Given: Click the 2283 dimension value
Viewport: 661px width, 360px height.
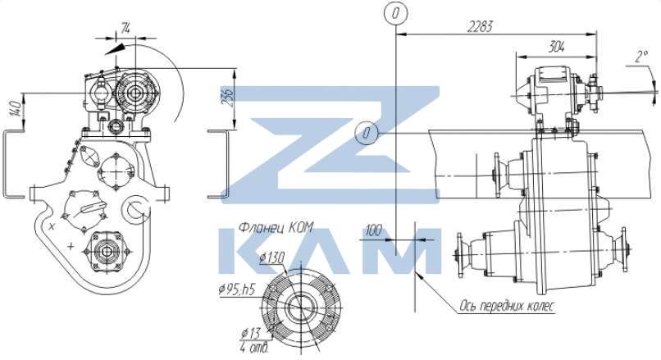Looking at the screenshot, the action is (x=480, y=27).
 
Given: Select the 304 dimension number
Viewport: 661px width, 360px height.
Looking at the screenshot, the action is (x=557, y=47).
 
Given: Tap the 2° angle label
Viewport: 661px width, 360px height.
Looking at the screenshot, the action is (x=641, y=56).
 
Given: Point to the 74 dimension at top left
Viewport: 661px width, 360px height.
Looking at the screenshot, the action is (x=125, y=29).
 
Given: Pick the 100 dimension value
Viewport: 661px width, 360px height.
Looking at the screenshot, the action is (x=373, y=230).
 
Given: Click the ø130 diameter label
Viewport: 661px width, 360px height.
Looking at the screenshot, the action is (x=272, y=257).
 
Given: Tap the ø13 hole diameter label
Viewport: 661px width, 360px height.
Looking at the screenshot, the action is (x=251, y=333).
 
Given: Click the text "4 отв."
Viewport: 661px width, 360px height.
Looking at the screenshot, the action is (x=254, y=349).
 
